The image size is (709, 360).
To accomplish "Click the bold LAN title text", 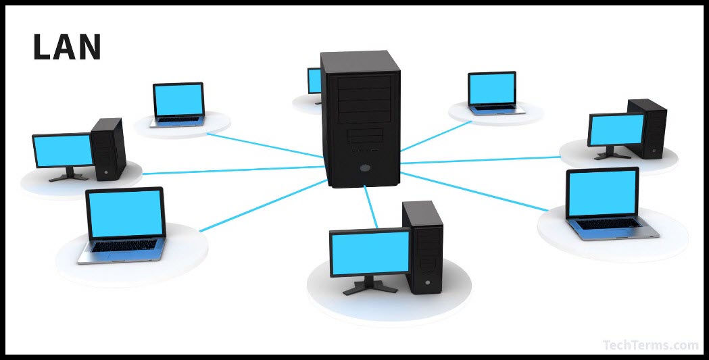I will (67, 47).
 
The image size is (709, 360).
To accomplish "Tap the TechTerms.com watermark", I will (650, 345).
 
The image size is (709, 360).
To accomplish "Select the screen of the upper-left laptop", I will (178, 100).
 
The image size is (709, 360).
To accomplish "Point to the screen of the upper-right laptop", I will (492, 88).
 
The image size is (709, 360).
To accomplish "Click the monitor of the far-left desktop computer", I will (63, 150).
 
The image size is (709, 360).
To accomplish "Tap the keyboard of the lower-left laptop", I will (125, 246).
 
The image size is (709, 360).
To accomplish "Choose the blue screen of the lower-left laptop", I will (126, 213).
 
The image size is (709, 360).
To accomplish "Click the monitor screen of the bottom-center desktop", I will (370, 251).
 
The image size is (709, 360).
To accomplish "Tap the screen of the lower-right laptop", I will (602, 193).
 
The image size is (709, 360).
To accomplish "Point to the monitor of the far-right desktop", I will (616, 129).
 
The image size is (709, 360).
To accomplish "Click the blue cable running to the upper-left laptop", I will (264, 145).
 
